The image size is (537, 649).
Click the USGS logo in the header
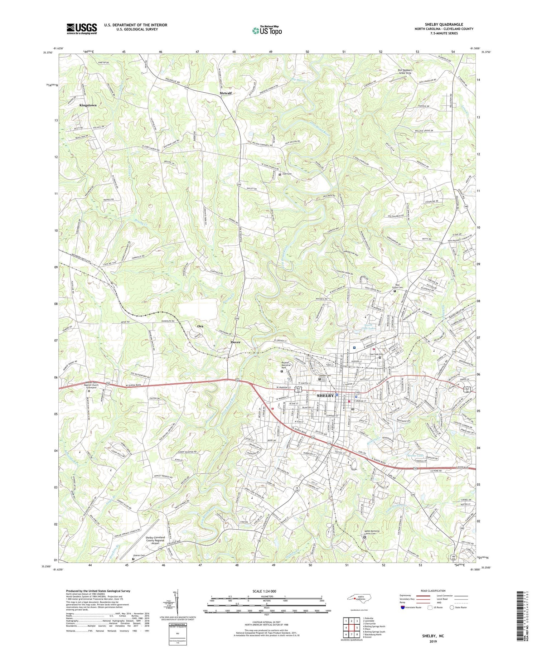pyautogui.click(x=82, y=29)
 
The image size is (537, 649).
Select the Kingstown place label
pyautogui.click(x=88, y=106)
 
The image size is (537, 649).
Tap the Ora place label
pyautogui.click(x=200, y=326)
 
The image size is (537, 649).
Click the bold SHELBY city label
pyautogui.click(x=325, y=396)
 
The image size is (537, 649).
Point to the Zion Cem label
pyautogui.click(x=287, y=174)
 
